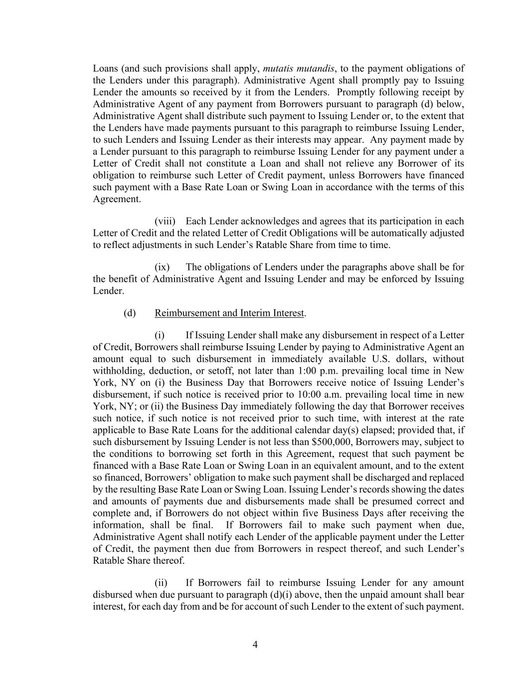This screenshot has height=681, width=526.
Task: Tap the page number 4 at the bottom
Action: pos(255,645)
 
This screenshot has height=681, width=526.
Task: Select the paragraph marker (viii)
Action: pos(165,221)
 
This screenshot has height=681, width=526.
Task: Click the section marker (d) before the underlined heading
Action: pos(130,313)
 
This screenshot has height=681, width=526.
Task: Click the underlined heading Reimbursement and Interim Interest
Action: pos(229,313)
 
